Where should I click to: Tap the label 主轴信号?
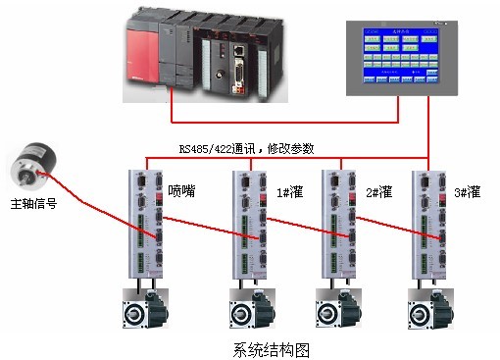coord(33,205)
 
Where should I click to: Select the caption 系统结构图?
coord(271,348)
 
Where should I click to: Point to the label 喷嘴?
coord(182,190)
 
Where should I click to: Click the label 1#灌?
coord(288,190)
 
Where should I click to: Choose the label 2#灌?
coord(378,190)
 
